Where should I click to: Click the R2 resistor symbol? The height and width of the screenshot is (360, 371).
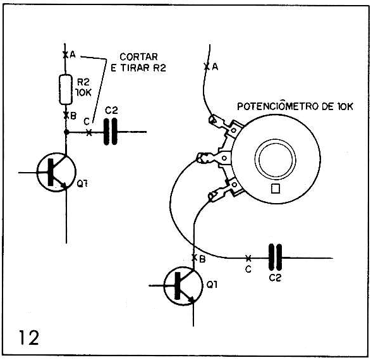point(65,89)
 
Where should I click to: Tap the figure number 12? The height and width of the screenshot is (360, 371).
point(29,337)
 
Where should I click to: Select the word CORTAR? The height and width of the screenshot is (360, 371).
point(138,57)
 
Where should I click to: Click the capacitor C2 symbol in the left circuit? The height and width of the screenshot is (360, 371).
point(111,132)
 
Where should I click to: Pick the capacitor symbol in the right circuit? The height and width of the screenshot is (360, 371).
point(275,258)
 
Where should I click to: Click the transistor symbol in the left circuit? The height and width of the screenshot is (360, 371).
point(56,172)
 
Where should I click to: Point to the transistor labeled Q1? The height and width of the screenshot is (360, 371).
point(183,286)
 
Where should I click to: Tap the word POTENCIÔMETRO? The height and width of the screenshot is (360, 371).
point(278,106)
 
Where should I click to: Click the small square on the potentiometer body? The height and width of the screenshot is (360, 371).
point(276,189)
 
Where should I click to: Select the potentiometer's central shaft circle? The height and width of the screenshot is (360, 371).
point(275,159)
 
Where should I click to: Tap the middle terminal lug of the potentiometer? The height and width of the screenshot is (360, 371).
point(213,158)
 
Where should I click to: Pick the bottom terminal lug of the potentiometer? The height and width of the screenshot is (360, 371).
point(225,189)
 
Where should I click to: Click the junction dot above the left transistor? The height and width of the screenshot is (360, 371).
point(66,132)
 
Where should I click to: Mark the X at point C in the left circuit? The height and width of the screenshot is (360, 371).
point(88,132)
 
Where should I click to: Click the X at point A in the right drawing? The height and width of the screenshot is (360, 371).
point(207,67)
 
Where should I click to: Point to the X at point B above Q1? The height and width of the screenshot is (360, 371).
point(194,258)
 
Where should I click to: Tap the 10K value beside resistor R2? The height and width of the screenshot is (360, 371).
point(83,92)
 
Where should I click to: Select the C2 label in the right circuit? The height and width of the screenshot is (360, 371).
point(275,278)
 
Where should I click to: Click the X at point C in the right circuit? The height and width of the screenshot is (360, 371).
point(248,258)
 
